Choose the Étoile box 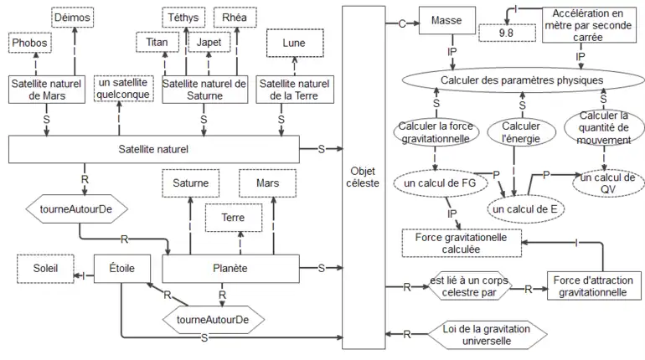(121, 268)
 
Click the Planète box (231, 268)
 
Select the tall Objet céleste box (364, 176)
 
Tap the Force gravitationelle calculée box (461, 243)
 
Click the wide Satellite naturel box (154, 150)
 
